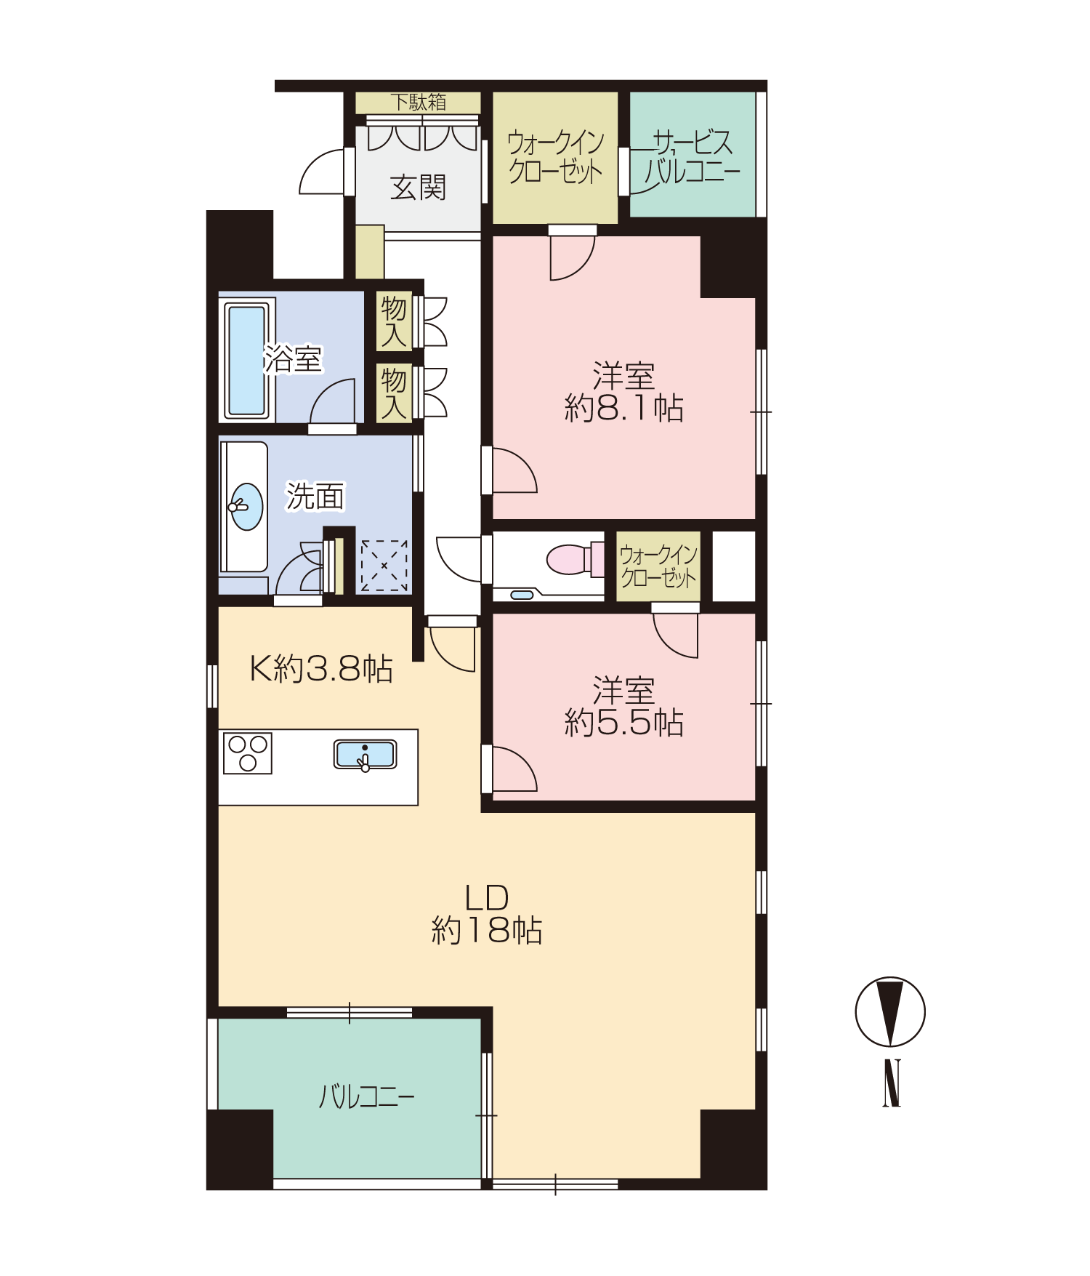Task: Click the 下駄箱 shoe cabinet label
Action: click(x=418, y=102)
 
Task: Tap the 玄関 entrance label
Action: click(x=418, y=188)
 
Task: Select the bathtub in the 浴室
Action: click(x=247, y=360)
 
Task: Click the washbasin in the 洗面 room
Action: click(x=247, y=506)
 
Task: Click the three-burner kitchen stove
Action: click(x=248, y=753)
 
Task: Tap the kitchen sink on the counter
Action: click(x=365, y=755)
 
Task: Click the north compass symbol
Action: click(x=890, y=1012)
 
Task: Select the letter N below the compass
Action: click(x=892, y=1083)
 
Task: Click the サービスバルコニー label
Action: click(x=692, y=156)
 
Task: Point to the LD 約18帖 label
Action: click(x=487, y=915)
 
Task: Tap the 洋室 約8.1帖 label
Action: click(x=624, y=393)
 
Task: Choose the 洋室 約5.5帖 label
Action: click(x=624, y=707)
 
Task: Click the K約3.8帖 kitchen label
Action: click(x=321, y=668)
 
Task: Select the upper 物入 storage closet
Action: click(x=394, y=321)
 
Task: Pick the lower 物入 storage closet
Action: click(x=394, y=393)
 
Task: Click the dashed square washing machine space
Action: click(x=384, y=565)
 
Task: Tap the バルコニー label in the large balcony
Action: click(x=367, y=1096)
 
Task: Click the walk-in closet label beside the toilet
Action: click(x=658, y=566)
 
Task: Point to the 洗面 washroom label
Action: click(x=315, y=497)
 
